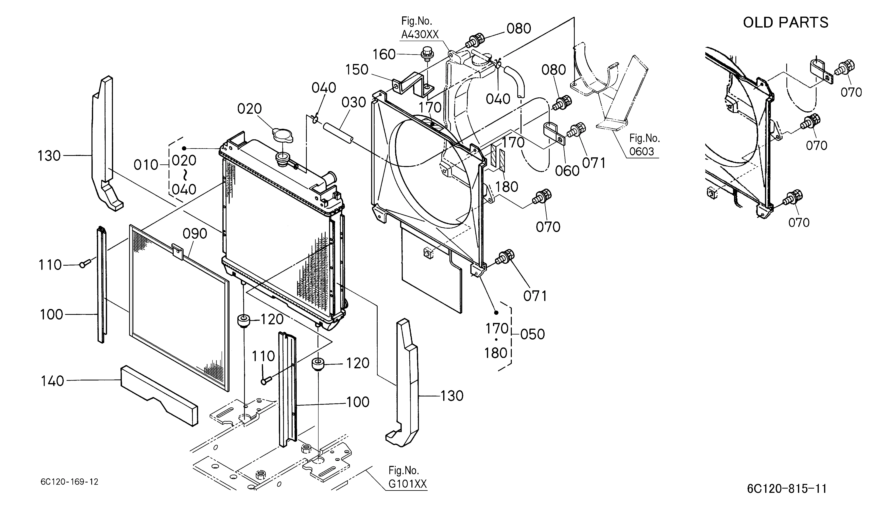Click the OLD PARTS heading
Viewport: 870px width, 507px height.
point(785,23)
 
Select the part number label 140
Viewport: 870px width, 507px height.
point(52,381)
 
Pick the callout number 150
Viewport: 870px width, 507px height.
point(357,70)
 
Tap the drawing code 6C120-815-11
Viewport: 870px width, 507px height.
point(787,489)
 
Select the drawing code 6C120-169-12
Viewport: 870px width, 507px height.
point(69,482)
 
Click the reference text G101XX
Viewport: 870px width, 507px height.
point(408,484)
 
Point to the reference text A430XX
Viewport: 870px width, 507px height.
point(420,35)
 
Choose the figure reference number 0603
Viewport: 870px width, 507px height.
point(642,151)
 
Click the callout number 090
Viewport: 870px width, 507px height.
point(195,234)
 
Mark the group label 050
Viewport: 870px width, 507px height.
point(533,334)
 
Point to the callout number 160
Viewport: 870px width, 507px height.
point(384,55)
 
